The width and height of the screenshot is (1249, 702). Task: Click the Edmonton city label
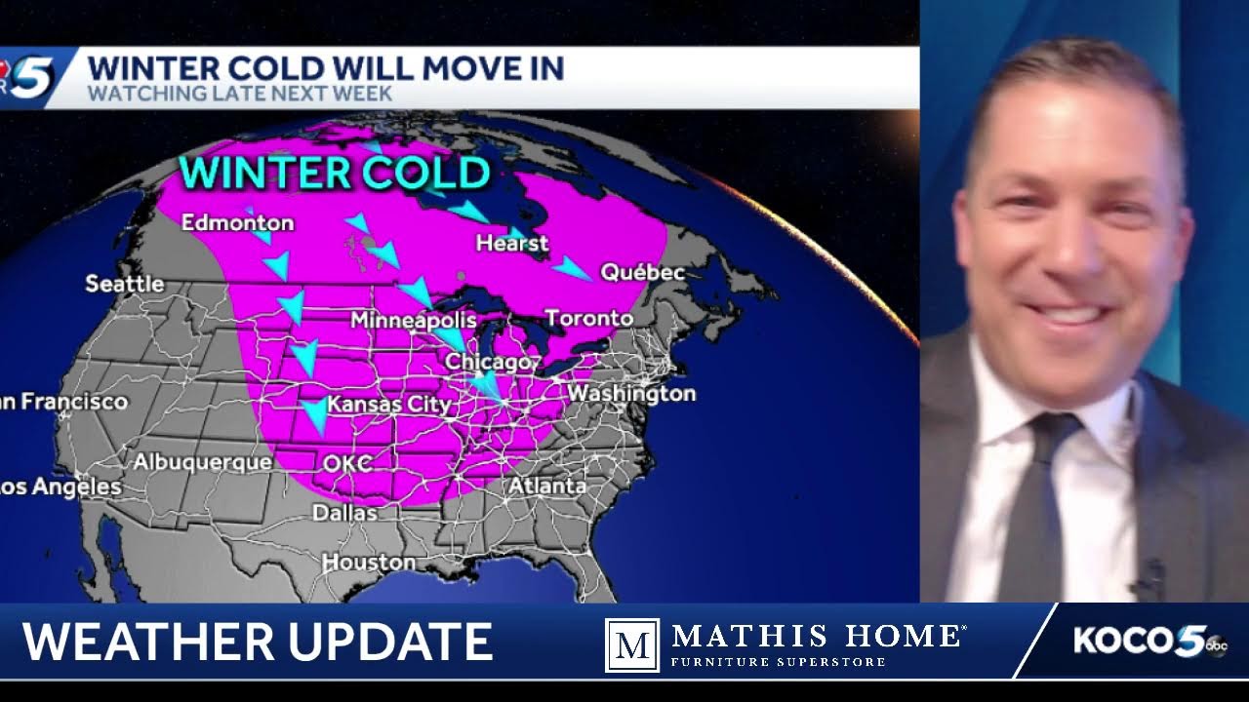237,223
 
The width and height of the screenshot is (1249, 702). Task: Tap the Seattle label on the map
125,284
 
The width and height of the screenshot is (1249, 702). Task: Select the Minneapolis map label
413,320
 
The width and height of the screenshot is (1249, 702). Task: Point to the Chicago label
487,362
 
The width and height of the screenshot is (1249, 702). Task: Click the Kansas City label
388,404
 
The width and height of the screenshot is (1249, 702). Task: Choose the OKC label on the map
348,463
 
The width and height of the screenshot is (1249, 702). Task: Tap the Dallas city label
344,512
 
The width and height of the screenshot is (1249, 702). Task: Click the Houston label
369,563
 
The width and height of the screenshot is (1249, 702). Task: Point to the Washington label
631,394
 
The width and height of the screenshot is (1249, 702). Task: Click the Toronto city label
588,319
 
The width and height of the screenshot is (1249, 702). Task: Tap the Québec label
642,273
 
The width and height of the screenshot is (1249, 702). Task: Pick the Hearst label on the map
512,243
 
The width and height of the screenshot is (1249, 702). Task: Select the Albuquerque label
203,462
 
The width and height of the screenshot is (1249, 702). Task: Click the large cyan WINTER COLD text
335,173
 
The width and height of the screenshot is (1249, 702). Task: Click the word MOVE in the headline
437,69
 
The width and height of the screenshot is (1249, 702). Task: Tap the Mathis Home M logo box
631,644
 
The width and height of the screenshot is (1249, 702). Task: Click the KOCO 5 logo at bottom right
1149,642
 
